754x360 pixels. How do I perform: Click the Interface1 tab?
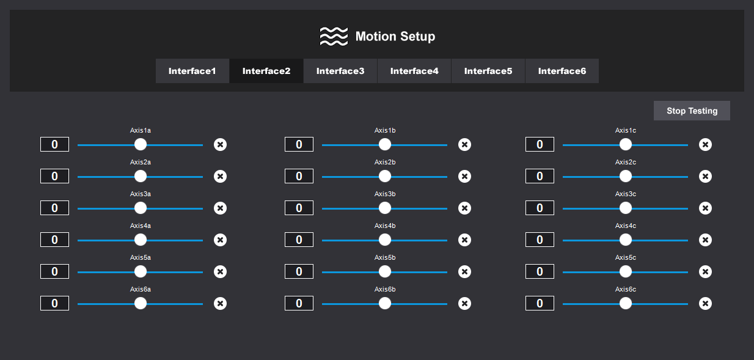pyautogui.click(x=192, y=71)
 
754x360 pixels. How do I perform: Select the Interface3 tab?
pyautogui.click(x=340, y=71)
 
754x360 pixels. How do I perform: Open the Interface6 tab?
pyautogui.click(x=562, y=71)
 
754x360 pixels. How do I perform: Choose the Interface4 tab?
pyautogui.click(x=414, y=71)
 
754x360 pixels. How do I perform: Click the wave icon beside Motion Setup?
pyautogui.click(x=334, y=37)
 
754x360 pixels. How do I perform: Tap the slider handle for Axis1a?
pyautogui.click(x=141, y=144)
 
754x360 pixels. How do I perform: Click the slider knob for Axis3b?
pyautogui.click(x=385, y=208)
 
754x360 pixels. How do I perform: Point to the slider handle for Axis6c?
pyautogui.click(x=626, y=303)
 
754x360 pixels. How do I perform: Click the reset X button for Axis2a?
pyautogui.click(x=220, y=176)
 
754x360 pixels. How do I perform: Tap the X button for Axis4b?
pyautogui.click(x=464, y=240)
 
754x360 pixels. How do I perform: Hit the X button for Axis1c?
pyautogui.click(x=705, y=144)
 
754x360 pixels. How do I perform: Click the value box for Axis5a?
pyautogui.click(x=54, y=271)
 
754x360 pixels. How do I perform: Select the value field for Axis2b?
pyautogui.click(x=299, y=176)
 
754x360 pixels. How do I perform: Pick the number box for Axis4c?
pyautogui.click(x=540, y=240)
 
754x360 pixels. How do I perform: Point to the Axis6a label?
pyautogui.click(x=141, y=289)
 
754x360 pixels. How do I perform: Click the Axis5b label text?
pyautogui.click(x=385, y=258)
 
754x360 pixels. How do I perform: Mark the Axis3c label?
pyautogui.click(x=626, y=194)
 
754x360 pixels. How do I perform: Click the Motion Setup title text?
pyautogui.click(x=395, y=37)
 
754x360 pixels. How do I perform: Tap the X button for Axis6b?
pyautogui.click(x=464, y=303)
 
